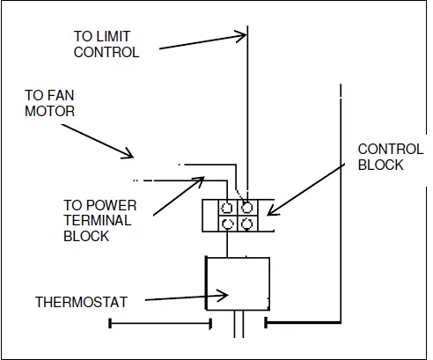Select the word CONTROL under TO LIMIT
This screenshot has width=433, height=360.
click(x=106, y=52)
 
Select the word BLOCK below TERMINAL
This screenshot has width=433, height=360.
click(x=86, y=236)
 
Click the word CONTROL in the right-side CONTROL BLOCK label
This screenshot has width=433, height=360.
click(x=381, y=149)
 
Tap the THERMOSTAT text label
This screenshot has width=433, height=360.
click(x=82, y=302)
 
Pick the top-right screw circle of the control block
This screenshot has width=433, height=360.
click(x=248, y=209)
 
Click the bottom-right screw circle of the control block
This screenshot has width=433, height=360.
click(x=248, y=224)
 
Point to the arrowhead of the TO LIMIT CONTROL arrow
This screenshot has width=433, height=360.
click(x=241, y=36)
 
